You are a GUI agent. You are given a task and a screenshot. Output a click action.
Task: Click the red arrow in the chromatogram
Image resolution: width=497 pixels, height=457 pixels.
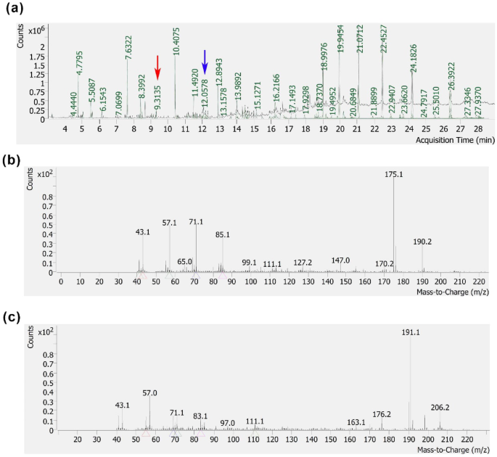(158, 66)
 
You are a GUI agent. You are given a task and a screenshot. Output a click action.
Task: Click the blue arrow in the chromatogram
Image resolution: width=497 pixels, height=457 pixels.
(205, 62)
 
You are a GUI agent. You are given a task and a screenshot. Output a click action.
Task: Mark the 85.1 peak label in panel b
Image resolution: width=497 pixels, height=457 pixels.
(223, 234)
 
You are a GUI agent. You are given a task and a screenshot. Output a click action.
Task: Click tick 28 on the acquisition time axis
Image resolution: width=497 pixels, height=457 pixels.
(478, 129)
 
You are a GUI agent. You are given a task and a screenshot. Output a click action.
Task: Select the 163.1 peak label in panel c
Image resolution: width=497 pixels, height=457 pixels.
(356, 421)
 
